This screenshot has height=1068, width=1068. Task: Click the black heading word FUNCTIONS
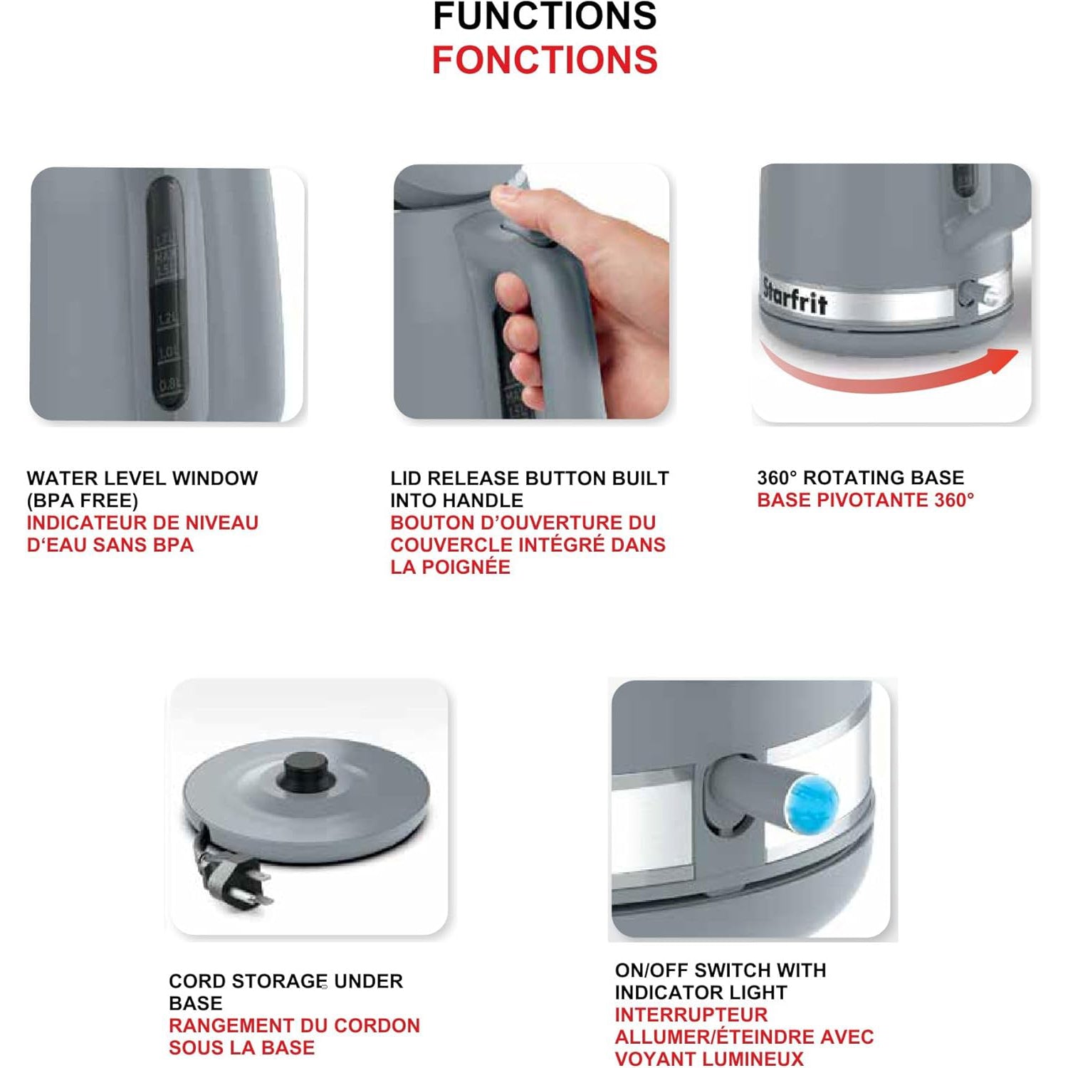(545, 16)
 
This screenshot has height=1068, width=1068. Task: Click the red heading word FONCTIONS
(545, 60)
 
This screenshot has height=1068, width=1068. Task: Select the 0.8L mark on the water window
(169, 385)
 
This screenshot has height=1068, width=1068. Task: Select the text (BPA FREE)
(83, 501)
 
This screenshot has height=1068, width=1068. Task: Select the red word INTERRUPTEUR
(691, 1015)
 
